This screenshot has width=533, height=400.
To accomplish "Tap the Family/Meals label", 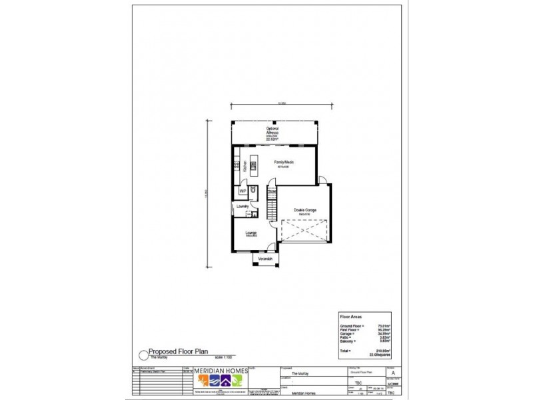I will [284, 162].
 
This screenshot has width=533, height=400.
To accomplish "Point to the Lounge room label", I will [251, 233].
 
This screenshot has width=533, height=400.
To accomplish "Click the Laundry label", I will [243, 207].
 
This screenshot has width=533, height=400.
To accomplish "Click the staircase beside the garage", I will [270, 203].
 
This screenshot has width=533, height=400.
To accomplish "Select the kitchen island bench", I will [253, 166].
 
